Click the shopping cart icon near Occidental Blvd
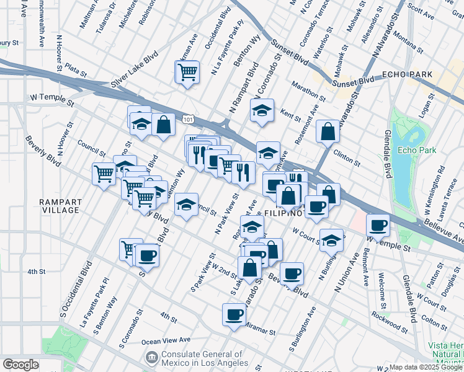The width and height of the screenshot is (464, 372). (187, 73)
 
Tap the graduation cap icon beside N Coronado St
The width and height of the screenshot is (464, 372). (262, 111)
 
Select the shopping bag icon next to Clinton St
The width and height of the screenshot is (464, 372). (328, 131)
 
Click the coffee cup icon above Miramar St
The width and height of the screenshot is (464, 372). (234, 314)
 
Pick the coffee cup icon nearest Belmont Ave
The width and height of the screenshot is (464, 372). (377, 225)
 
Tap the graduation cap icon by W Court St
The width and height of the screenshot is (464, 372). (332, 240)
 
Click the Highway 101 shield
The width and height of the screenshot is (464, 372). (187, 118)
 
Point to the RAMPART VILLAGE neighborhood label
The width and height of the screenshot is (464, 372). (60, 206)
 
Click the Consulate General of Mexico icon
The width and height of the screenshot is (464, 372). (151, 358)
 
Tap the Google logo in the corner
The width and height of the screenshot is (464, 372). (20, 364)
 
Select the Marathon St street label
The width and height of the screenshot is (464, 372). (307, 90)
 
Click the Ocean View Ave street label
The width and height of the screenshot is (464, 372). (166, 340)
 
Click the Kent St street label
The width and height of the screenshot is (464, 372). (290, 115)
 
